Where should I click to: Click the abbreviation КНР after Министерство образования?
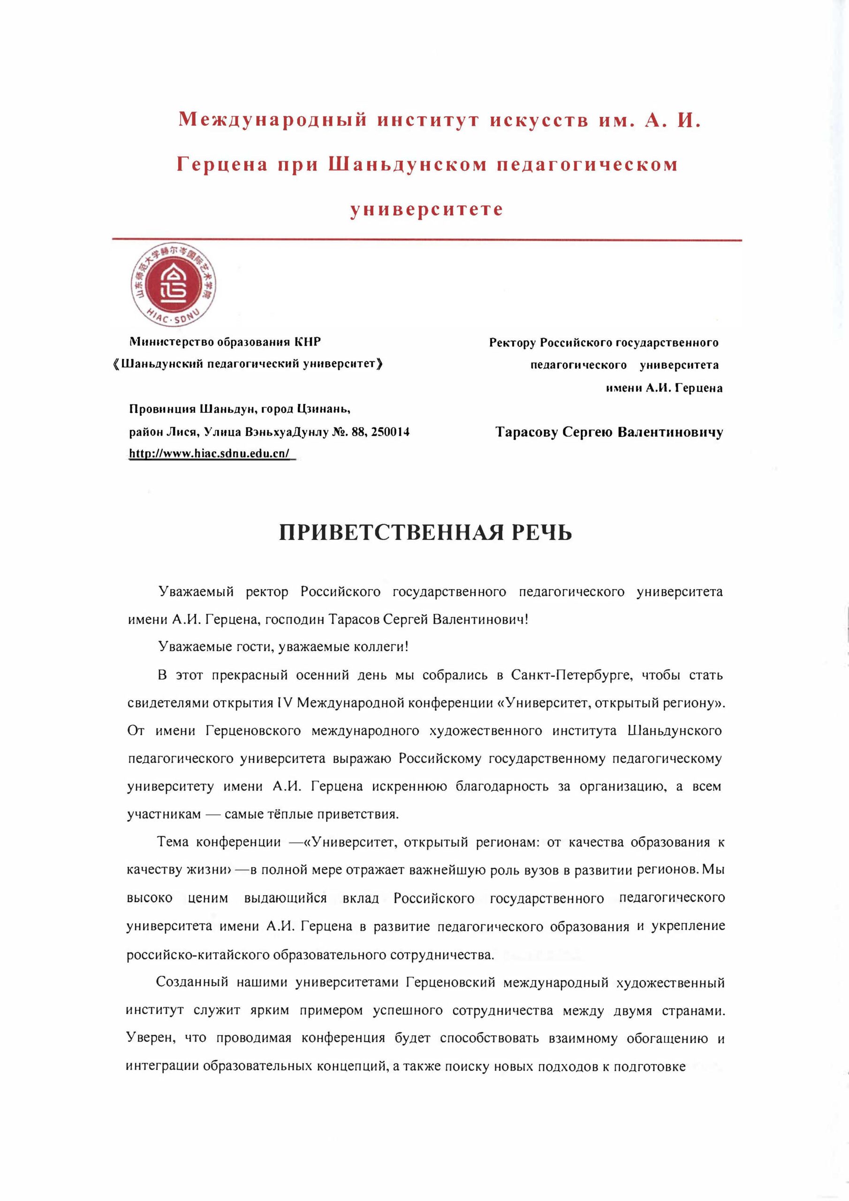coord(308,342)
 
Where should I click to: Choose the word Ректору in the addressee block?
coord(513,342)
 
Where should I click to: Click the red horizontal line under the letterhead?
coord(427,240)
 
